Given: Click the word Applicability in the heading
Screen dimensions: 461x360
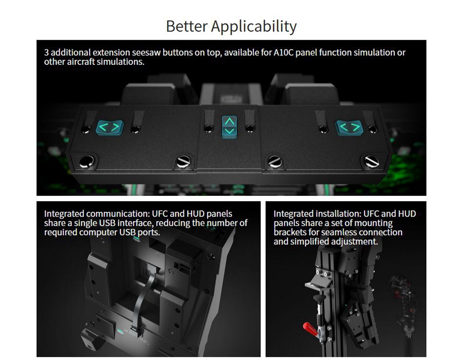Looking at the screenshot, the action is pyautogui.click(x=254, y=27).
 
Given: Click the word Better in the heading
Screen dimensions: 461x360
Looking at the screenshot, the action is pyautogui.click(x=187, y=26).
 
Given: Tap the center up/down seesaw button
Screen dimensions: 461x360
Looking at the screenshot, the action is pyautogui.click(x=230, y=127).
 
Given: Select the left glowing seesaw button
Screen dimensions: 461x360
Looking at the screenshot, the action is pyautogui.click(x=109, y=128).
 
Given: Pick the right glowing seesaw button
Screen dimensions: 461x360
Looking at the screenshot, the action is pyautogui.click(x=349, y=128).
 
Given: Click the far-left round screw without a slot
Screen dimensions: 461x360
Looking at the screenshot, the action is pyautogui.click(x=87, y=162).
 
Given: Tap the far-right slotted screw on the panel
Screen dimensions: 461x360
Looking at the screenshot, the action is pyautogui.click(x=371, y=162).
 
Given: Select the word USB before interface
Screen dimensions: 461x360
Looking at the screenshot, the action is pyautogui.click(x=107, y=223).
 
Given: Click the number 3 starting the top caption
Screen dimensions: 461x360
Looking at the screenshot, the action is pyautogui.click(x=47, y=53).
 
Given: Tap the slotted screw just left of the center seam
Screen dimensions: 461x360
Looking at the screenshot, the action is pyautogui.click(x=183, y=162).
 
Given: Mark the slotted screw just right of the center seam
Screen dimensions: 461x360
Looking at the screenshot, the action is pyautogui.click(x=275, y=162).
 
